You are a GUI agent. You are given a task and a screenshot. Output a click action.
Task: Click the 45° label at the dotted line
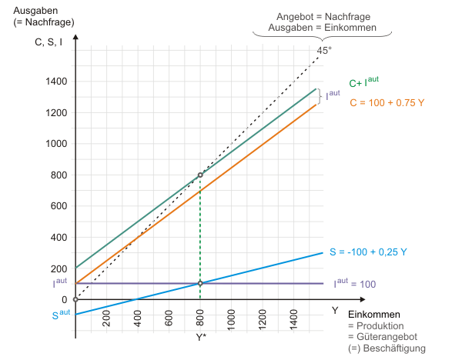pos(324,51)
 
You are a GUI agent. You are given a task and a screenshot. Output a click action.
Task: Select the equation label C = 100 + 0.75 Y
pos(387,102)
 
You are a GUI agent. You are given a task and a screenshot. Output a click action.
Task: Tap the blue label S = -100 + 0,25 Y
pos(368,252)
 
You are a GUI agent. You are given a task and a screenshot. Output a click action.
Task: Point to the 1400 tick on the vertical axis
pos(55,82)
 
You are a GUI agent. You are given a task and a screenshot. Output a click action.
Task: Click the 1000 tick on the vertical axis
pos(55,144)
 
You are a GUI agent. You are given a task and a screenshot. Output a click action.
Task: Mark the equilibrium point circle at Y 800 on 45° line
pos(200,175)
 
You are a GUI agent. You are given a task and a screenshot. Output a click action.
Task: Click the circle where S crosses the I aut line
pos(200,283)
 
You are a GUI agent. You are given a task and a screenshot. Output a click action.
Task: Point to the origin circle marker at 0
pos(75,299)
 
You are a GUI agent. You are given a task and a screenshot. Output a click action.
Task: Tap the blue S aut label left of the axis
pos(62,314)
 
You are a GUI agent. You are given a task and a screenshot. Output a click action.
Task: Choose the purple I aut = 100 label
pos(354,284)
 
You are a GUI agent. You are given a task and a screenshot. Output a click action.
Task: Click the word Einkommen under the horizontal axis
pos(373,315)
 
